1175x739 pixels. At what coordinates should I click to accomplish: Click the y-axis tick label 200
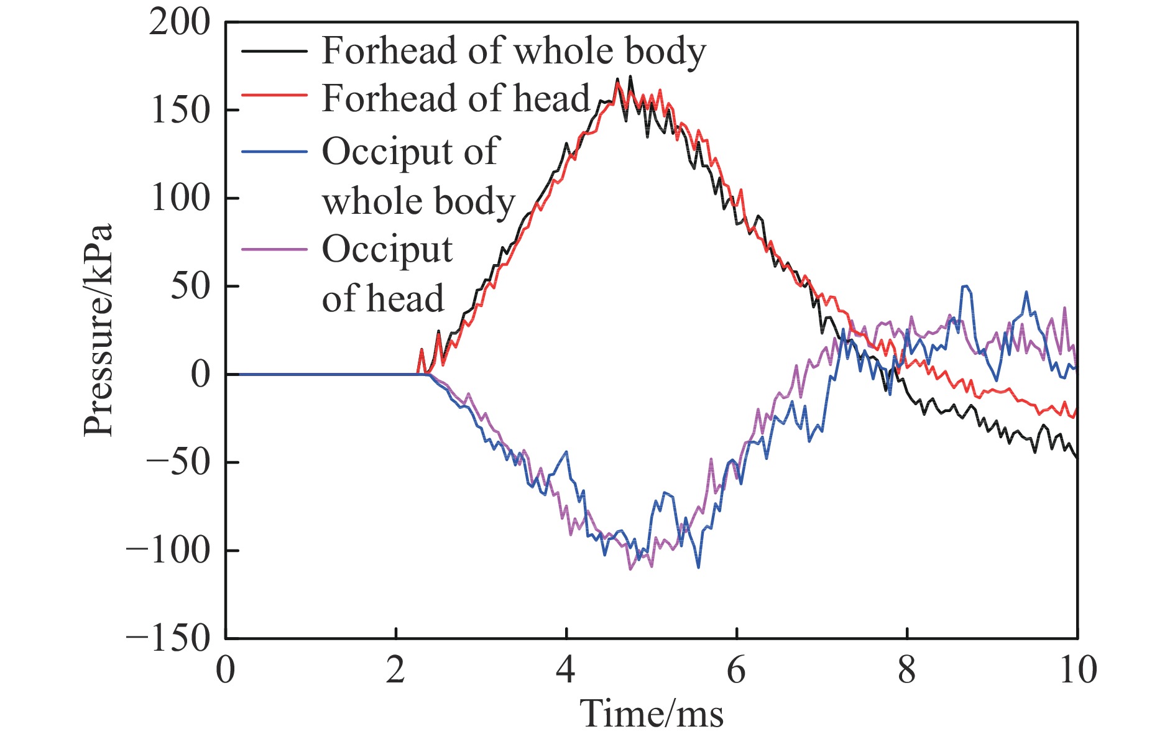click(180, 24)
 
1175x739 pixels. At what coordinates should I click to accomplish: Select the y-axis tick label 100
click(180, 199)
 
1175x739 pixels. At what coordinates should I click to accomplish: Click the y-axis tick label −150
click(168, 638)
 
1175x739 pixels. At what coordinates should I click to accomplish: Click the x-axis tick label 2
click(395, 670)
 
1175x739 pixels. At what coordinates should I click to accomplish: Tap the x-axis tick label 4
click(566, 670)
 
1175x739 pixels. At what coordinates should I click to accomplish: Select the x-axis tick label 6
click(736, 670)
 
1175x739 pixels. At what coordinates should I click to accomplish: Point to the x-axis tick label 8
click(906, 670)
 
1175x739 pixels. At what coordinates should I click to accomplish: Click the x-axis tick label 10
click(1077, 670)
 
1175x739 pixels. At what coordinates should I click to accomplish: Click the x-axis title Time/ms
click(652, 714)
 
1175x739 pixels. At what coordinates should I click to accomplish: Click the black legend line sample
click(274, 50)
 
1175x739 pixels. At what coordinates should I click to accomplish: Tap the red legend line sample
click(274, 95)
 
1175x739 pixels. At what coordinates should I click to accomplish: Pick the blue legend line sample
click(274, 152)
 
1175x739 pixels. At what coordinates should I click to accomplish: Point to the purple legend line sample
click(274, 250)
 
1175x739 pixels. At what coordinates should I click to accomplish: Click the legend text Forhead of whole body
click(514, 50)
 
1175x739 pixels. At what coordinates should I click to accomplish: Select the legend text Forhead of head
click(456, 98)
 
